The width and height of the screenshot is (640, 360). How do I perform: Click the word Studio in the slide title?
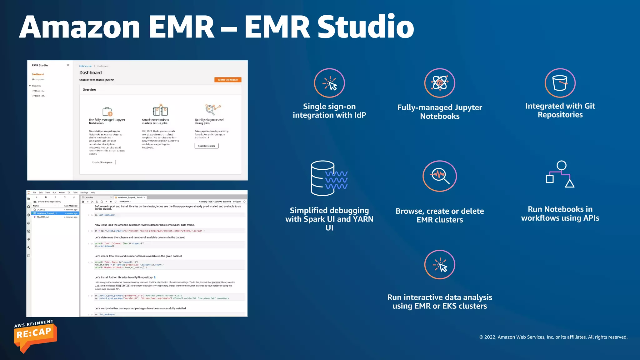(x=366, y=27)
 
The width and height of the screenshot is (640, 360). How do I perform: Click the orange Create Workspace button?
(x=228, y=80)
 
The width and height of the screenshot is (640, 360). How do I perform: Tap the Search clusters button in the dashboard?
(x=207, y=146)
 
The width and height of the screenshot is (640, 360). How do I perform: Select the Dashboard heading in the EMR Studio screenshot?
(x=91, y=72)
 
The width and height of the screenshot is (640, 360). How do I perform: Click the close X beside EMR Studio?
(x=68, y=65)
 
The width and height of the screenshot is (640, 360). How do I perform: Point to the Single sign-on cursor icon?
(x=329, y=83)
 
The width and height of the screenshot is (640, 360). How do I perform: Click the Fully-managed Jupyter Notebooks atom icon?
(x=439, y=83)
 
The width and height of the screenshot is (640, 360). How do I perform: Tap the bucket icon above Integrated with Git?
(x=560, y=83)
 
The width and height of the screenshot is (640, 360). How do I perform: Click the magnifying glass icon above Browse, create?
(x=439, y=176)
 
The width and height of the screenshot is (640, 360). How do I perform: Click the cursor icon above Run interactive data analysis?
(x=439, y=265)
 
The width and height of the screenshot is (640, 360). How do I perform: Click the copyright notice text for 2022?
(x=553, y=337)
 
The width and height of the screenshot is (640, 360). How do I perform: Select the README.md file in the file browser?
(x=42, y=217)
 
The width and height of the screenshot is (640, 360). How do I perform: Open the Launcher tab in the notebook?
(x=89, y=197)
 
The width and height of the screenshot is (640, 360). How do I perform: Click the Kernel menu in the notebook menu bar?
(x=62, y=192)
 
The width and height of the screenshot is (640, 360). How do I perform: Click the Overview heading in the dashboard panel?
(x=89, y=90)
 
